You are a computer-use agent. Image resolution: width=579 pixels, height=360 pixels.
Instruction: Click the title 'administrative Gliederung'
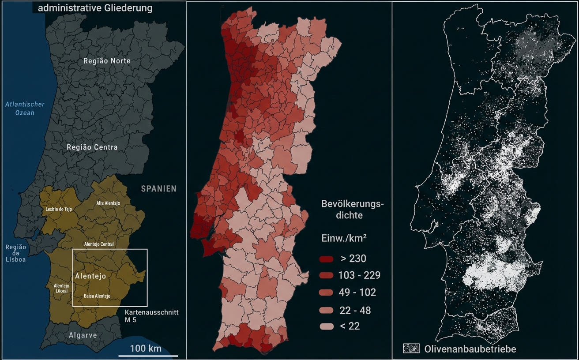click(95, 8)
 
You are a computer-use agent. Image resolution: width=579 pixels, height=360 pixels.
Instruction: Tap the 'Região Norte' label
click(107, 61)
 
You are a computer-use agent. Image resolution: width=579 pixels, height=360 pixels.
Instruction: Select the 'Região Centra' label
click(92, 147)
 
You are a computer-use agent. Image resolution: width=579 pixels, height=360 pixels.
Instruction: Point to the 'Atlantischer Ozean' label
click(25, 109)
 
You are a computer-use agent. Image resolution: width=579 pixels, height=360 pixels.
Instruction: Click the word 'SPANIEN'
click(158, 189)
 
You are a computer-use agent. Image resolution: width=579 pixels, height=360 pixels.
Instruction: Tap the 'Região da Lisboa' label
click(15, 253)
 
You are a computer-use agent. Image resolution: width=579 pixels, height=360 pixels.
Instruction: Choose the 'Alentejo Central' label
click(99, 244)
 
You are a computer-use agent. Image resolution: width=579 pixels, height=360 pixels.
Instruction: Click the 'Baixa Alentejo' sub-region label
click(97, 296)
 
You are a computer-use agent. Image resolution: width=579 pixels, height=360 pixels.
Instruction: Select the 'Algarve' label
click(83, 335)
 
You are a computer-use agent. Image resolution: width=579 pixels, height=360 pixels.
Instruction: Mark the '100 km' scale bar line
click(148, 356)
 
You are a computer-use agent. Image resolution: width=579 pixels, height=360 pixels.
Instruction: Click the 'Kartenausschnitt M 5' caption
click(151, 315)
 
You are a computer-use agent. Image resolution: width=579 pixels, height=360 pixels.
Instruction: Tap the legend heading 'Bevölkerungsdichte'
click(353, 210)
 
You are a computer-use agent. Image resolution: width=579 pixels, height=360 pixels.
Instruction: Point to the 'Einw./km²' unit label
click(344, 238)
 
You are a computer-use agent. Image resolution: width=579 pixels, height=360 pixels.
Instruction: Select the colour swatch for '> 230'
click(327, 259)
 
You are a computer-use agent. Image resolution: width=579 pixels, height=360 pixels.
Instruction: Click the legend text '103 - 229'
click(359, 276)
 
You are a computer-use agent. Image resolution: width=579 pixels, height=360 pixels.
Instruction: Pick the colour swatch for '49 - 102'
click(327, 293)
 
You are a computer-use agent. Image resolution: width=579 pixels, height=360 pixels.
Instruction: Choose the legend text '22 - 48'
click(355, 310)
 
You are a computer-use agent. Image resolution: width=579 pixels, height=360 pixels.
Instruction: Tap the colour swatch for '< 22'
click(327, 326)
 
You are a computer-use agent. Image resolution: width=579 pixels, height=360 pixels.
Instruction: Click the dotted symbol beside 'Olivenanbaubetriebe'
click(411, 349)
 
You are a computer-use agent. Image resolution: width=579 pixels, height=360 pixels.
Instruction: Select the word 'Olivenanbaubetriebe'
click(470, 349)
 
